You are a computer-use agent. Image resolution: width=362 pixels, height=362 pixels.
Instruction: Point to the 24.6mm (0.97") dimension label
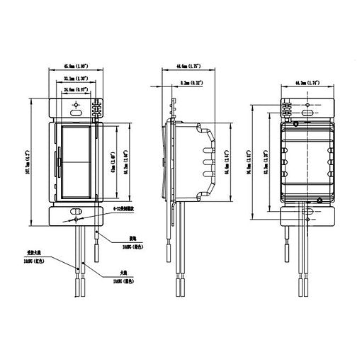(x=74, y=91)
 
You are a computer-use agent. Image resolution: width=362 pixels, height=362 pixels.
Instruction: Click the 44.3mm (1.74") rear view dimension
(x=307, y=84)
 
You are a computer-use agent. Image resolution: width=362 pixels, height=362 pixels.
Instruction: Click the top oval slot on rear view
(x=307, y=112)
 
